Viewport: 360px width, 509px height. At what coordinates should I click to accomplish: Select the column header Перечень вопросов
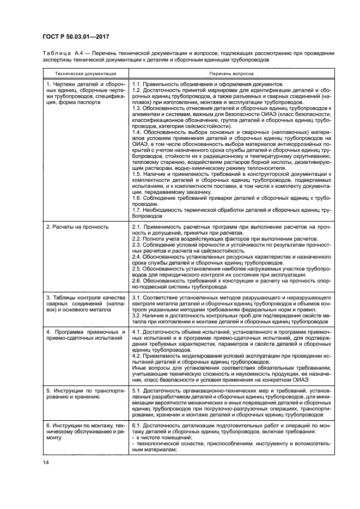click(231, 72)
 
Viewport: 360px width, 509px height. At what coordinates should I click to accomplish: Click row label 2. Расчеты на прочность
click(77, 226)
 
